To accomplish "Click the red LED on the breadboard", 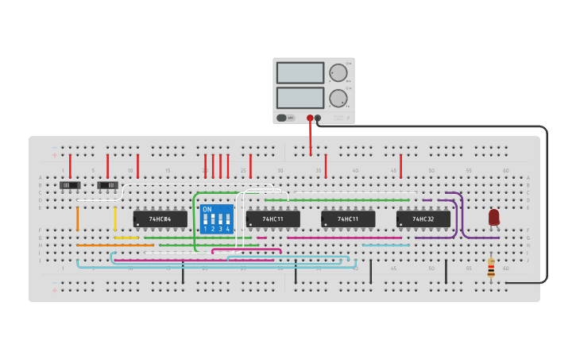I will click(493, 217).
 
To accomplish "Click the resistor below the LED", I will click(490, 268).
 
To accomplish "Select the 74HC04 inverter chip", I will click(160, 219).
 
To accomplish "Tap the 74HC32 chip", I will click(423, 219).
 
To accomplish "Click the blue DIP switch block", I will click(217, 219).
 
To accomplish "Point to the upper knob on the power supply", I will click(338, 73).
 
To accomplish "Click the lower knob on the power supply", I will click(338, 99).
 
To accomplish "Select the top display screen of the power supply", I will click(300, 73).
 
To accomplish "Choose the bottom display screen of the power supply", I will click(300, 98).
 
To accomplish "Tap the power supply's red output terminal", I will click(310, 118).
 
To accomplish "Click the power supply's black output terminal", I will click(318, 118).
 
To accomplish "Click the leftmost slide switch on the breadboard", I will click(70, 185).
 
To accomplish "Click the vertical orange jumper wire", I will click(77, 218).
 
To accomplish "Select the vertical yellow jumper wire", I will click(115, 218).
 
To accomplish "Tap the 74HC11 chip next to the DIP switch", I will click(273, 219).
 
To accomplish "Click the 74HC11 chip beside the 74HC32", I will click(348, 219).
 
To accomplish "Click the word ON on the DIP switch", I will click(207, 210).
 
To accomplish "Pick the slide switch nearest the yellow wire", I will click(108, 185).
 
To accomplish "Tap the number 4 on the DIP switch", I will click(228, 229).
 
